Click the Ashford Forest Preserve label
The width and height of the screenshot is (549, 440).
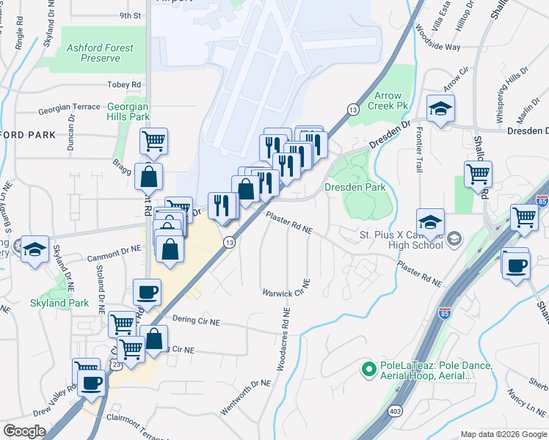pos(100,53)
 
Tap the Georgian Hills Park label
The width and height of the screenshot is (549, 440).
pos(128,111)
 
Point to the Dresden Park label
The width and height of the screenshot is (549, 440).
pos(355,187)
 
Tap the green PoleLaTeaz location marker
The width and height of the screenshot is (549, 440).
pos(370,370)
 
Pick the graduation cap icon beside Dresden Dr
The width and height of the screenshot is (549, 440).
pos(440,109)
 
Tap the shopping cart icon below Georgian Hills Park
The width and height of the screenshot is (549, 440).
pos(153,140)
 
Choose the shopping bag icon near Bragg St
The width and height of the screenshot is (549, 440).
pos(148,177)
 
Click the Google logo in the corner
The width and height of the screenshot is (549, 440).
pos(24,431)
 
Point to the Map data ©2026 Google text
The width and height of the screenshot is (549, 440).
pos(503,434)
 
